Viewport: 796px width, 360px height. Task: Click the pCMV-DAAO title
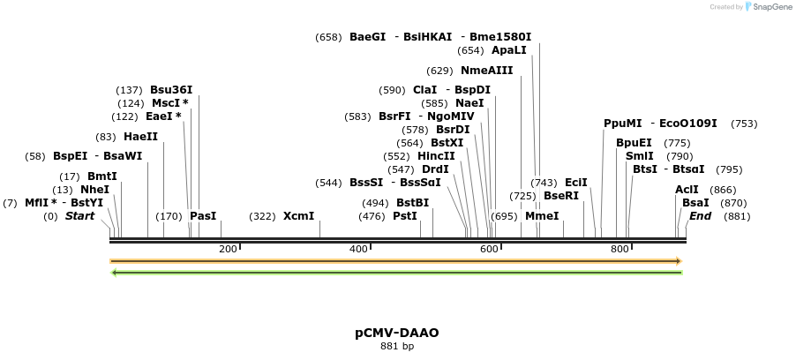[397, 333]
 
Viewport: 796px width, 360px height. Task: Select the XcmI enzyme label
[298, 216]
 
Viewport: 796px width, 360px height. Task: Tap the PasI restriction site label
[203, 216]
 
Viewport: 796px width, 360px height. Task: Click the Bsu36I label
[171, 90]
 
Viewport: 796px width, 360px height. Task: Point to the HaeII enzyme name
[140, 137]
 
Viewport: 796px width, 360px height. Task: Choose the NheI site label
[94, 190]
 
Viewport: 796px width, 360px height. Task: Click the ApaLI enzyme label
[509, 50]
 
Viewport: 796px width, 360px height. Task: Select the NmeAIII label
[486, 71]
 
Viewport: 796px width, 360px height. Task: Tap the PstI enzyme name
[405, 216]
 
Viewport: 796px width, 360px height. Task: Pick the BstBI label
[412, 203]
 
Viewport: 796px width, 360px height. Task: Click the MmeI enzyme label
[542, 216]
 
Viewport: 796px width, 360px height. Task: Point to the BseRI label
[561, 196]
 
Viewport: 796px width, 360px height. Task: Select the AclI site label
[687, 190]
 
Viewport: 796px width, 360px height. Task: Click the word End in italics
[700, 216]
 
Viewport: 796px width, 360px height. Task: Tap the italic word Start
[79, 216]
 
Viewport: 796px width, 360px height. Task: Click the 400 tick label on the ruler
[358, 250]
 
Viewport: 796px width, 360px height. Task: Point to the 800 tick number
[620, 250]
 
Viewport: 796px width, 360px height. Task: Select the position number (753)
[744, 124]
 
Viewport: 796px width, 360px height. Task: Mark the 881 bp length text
[397, 347]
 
